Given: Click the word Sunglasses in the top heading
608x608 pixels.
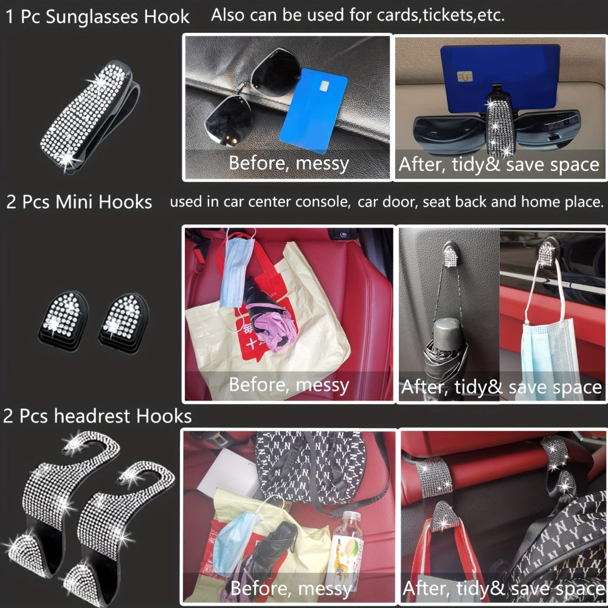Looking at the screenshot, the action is coord(92,17).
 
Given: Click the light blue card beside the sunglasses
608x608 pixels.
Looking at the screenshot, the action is coord(313,109).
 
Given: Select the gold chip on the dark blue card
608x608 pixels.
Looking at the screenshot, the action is coord(465,77).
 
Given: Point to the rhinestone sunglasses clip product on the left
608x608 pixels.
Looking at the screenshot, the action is coord(89,116).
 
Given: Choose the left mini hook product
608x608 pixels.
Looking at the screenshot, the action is coord(63,320).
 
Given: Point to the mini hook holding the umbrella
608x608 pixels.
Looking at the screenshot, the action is coord(451,254).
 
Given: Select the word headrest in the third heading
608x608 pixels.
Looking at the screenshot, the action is coord(92,416).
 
